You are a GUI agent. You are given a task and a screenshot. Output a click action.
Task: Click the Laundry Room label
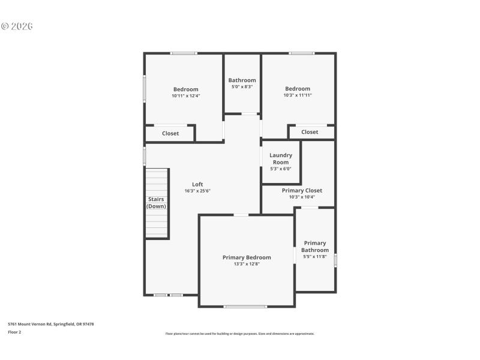[281, 158]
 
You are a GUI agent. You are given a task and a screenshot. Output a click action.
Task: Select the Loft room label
[197, 184]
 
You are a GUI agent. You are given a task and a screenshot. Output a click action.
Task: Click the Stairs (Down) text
[157, 203]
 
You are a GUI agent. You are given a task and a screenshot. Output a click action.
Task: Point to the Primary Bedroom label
[247, 257]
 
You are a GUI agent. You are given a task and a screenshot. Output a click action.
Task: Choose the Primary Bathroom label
[315, 247]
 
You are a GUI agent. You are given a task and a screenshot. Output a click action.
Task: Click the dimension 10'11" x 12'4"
[186, 95]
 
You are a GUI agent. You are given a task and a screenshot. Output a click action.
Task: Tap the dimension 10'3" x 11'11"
[298, 95]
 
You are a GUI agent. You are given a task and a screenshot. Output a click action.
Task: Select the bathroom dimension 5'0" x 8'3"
[242, 86]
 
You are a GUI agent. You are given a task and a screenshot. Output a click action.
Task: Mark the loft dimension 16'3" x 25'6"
[197, 191]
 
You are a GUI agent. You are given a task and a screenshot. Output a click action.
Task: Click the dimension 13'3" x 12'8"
[247, 263]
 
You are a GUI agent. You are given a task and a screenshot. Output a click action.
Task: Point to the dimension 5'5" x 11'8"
[315, 257]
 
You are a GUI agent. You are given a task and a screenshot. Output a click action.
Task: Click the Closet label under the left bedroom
[170, 133]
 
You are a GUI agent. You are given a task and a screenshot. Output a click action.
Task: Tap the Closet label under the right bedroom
[310, 132]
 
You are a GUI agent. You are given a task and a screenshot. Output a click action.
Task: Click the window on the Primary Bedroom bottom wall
[245, 307]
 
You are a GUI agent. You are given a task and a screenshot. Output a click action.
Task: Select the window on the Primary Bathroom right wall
[335, 260]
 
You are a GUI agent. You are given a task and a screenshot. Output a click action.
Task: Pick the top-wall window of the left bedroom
[184, 53]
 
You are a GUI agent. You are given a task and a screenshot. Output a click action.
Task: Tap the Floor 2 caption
[14, 331]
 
